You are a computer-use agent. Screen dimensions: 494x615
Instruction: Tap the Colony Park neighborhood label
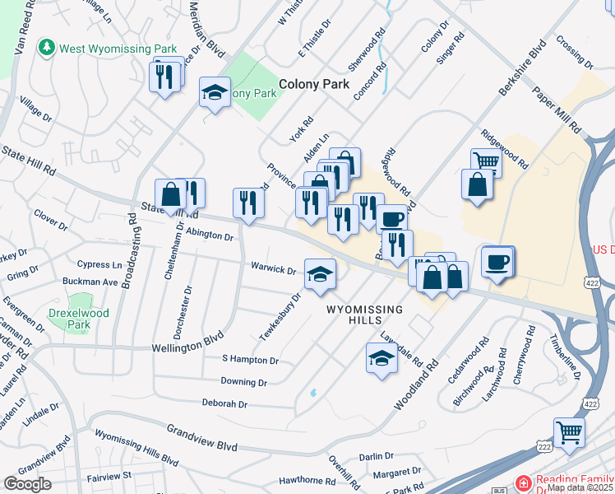pos(314,84)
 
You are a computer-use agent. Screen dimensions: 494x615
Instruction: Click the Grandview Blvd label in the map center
pos(201,438)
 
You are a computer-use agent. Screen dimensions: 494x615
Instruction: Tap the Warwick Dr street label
pos(274,269)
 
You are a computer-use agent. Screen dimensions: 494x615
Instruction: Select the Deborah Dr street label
pos(224,404)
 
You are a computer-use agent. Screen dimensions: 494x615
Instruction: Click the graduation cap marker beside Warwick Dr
pos(320,275)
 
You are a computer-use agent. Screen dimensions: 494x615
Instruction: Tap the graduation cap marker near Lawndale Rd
pos(381,359)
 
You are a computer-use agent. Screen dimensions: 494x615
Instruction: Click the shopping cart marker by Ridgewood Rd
pos(486,161)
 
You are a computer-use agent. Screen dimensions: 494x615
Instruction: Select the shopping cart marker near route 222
pos(568,431)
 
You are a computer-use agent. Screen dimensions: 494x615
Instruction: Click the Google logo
pos(28,484)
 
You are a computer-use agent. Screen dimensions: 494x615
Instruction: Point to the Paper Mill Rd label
pos(557,111)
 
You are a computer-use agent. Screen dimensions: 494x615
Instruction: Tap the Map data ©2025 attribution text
pos(580,487)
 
